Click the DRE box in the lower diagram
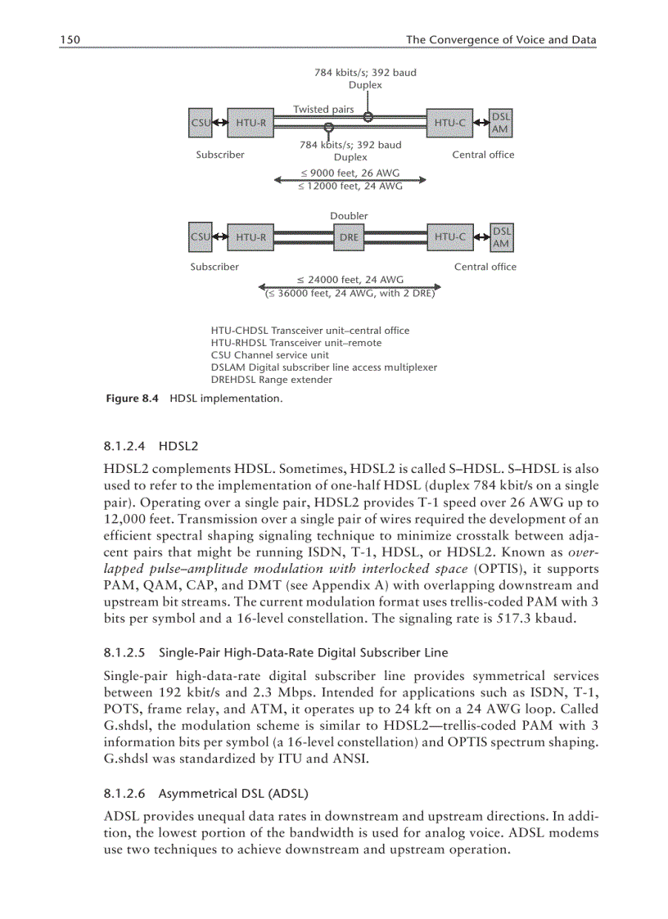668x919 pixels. point(349,237)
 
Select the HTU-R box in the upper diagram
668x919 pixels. point(250,123)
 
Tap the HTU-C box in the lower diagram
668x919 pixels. point(449,237)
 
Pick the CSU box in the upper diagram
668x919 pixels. point(200,123)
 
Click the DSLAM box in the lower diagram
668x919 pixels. point(500,237)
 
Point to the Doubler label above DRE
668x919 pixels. point(349,216)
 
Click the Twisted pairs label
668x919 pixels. point(323,110)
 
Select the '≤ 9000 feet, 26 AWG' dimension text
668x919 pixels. point(350,173)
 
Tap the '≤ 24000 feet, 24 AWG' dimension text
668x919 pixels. point(350,280)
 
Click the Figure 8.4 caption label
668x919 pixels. point(133,399)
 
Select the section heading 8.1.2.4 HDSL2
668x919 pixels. point(151,447)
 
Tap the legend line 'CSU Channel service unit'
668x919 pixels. point(269,355)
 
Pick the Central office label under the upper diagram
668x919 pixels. point(483,155)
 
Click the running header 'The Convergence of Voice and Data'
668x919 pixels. point(501,40)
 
